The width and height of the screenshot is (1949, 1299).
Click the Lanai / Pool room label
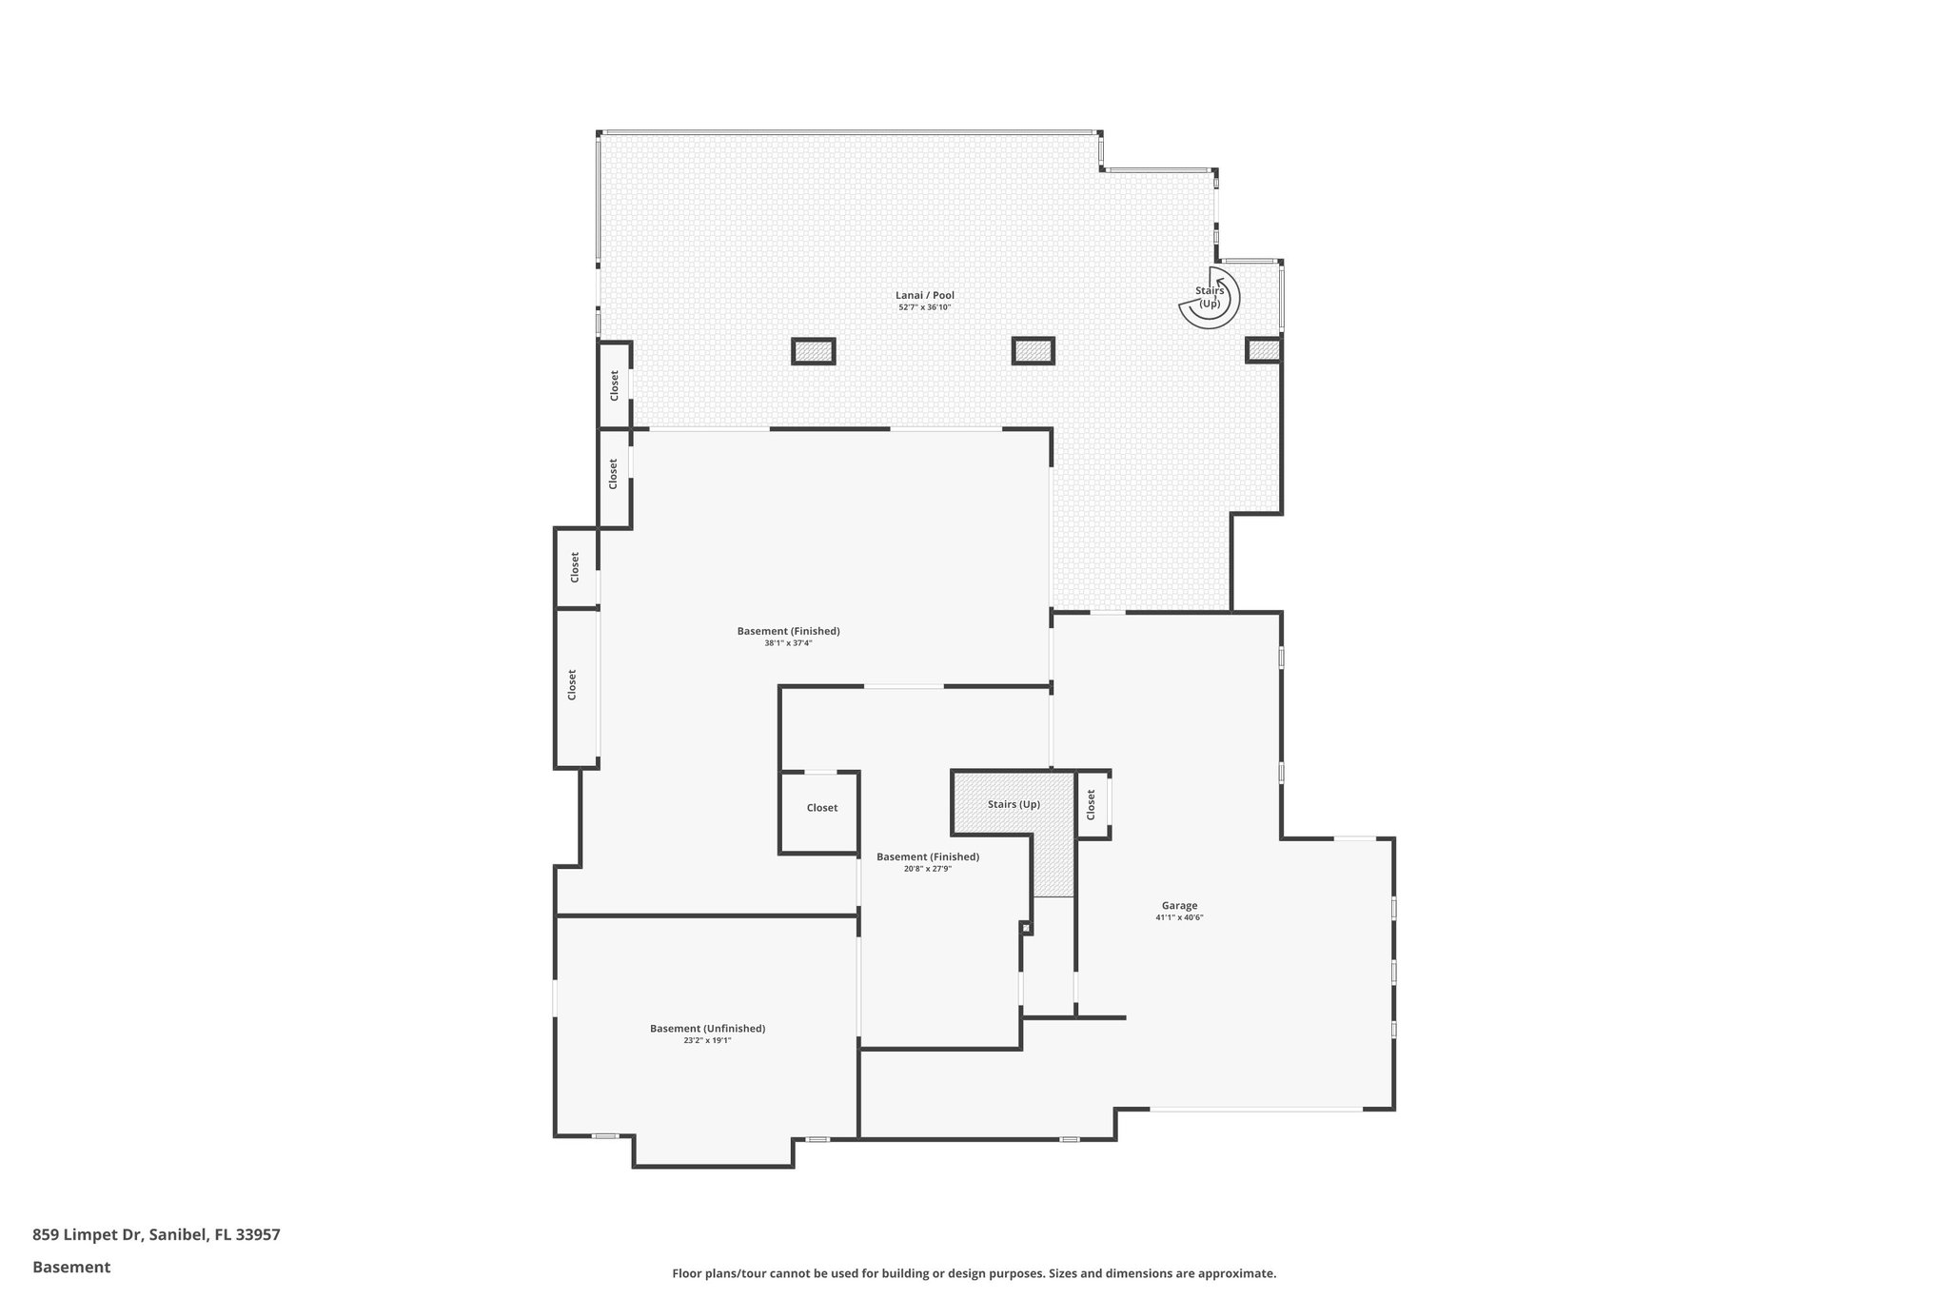coord(924,295)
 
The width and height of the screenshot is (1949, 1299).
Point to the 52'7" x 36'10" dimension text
coord(924,307)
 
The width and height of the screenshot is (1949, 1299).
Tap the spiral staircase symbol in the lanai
coord(1210,298)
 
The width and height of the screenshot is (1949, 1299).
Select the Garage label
coord(1179,906)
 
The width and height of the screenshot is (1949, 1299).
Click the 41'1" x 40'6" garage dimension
coord(1179,918)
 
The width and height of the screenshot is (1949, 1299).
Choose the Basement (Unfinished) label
coord(707,1029)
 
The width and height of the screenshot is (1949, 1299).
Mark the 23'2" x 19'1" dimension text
coord(707,1041)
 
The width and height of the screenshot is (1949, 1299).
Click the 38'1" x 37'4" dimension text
coord(788,643)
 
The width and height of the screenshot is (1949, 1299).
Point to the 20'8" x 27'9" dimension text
coord(927,869)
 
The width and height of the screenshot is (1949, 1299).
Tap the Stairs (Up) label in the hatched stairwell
coord(1014,805)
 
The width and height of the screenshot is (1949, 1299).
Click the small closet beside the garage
coord(1093,805)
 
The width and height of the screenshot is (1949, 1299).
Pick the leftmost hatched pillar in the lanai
coord(814,351)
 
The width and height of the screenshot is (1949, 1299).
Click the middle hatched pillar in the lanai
coord(1033,351)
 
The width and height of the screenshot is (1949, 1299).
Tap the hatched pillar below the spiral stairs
coord(1264,350)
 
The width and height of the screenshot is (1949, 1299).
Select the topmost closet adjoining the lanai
coord(614,384)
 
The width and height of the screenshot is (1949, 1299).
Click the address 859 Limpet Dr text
coord(156,1235)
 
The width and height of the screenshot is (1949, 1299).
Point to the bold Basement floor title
coord(71,1268)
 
